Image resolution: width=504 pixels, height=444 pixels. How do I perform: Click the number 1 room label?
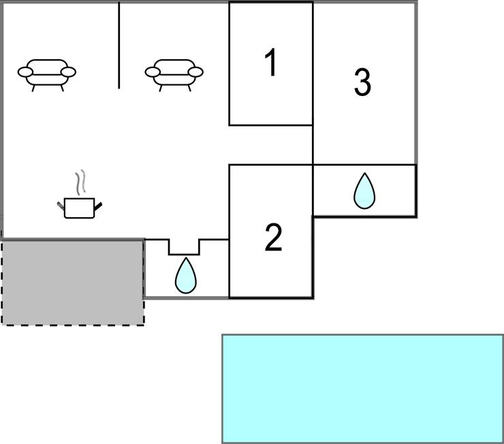pyautogui.click(x=271, y=63)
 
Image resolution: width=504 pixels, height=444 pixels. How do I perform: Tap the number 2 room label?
pyautogui.click(x=274, y=238)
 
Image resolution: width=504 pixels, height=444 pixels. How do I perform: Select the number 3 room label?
pyautogui.click(x=362, y=82)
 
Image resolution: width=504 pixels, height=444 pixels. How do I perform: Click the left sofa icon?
pyautogui.click(x=47, y=75)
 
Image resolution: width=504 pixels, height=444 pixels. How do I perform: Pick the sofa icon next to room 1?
pyautogui.click(x=174, y=75)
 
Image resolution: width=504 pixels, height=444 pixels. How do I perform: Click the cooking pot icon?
pyautogui.click(x=80, y=208)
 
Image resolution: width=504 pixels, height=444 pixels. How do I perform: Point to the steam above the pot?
pyautogui.click(x=80, y=182)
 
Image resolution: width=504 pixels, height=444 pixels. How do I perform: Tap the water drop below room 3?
pyautogui.click(x=364, y=191)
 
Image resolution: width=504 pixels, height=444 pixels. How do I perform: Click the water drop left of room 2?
pyautogui.click(x=185, y=275)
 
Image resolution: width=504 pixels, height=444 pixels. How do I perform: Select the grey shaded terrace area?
pyautogui.click(x=73, y=283)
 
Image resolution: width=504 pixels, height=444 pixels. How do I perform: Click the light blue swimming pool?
pyautogui.click(x=362, y=389)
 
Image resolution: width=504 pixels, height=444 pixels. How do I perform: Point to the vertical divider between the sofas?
pyautogui.click(x=119, y=45)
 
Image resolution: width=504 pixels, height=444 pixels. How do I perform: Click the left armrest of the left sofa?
pyautogui.click(x=25, y=72)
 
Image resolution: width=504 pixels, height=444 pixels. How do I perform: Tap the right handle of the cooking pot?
pyautogui.click(x=98, y=206)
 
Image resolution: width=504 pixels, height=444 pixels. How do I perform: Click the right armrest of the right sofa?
pyautogui.click(x=195, y=72)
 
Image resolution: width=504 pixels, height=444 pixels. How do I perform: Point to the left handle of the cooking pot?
pyautogui.click(x=61, y=206)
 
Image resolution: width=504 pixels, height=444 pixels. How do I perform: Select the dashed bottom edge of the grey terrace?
pyautogui.click(x=73, y=325)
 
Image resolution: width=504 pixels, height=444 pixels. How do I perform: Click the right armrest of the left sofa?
pyautogui.click(x=69, y=72)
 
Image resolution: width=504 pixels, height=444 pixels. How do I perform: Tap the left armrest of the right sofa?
pyautogui.click(x=153, y=72)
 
